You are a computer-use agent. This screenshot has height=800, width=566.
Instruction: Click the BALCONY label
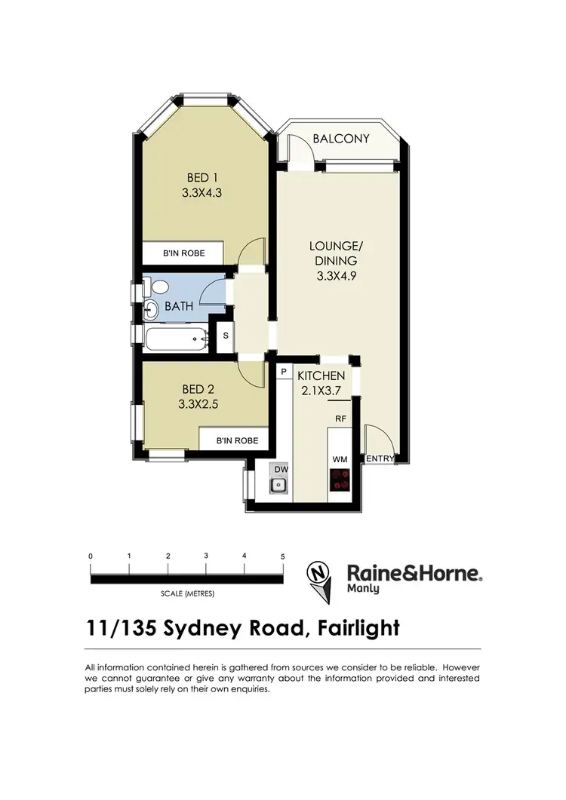[x=346, y=138]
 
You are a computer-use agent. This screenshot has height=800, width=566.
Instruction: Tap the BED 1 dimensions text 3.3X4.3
[x=201, y=192]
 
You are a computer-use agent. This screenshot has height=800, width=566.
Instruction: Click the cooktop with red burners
[x=340, y=479]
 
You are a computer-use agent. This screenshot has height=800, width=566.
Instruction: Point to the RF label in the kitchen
[x=340, y=416]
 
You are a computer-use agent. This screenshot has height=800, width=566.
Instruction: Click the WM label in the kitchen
[x=340, y=458]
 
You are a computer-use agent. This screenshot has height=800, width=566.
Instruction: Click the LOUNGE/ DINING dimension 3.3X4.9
[x=337, y=275]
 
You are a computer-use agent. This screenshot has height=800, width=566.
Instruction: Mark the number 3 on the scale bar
[x=206, y=556]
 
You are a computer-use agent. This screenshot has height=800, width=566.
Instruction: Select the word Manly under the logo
[x=363, y=589]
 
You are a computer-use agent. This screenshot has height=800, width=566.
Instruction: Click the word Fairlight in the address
[x=354, y=628]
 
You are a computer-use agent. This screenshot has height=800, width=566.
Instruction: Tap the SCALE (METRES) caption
[x=187, y=593]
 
